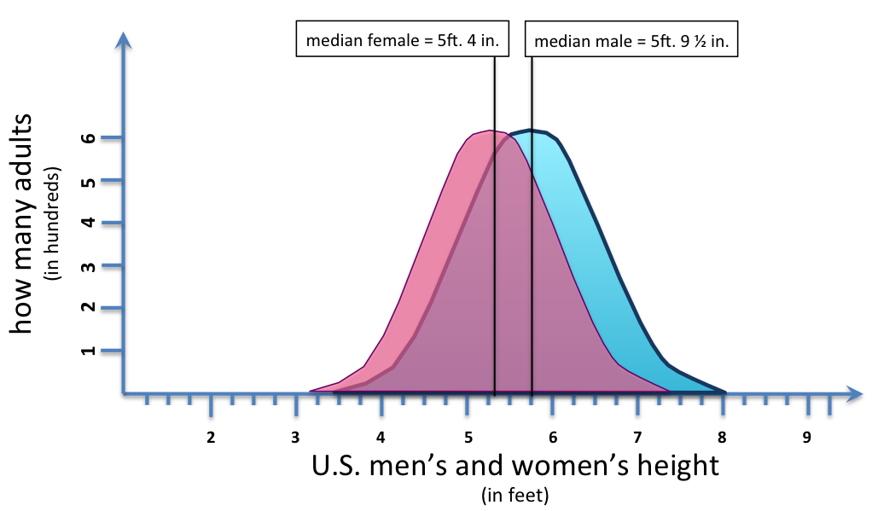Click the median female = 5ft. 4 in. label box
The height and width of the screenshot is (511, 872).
(x=403, y=40)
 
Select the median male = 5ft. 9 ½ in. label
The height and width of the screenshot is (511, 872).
(x=631, y=40)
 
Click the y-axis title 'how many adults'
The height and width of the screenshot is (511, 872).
(x=24, y=224)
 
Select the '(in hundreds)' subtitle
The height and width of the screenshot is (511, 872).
(x=55, y=224)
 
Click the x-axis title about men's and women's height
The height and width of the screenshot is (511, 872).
(x=515, y=466)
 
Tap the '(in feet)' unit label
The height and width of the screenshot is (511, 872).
(x=514, y=494)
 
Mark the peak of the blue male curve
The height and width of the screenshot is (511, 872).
(x=532, y=131)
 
